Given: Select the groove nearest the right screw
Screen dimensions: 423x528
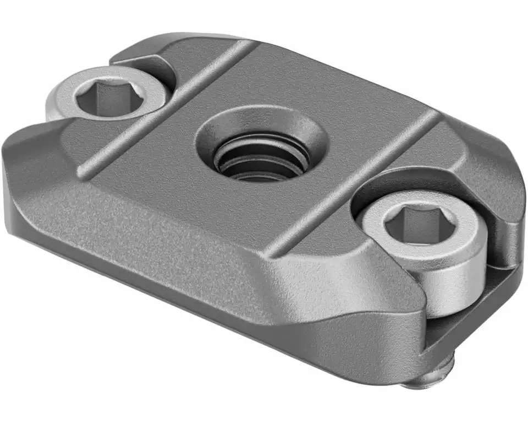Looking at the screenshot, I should pos(352,182).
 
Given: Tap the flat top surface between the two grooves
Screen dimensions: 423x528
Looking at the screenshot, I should pos(308,110).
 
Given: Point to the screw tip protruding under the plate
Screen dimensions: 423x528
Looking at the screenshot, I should pos(435,380).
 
